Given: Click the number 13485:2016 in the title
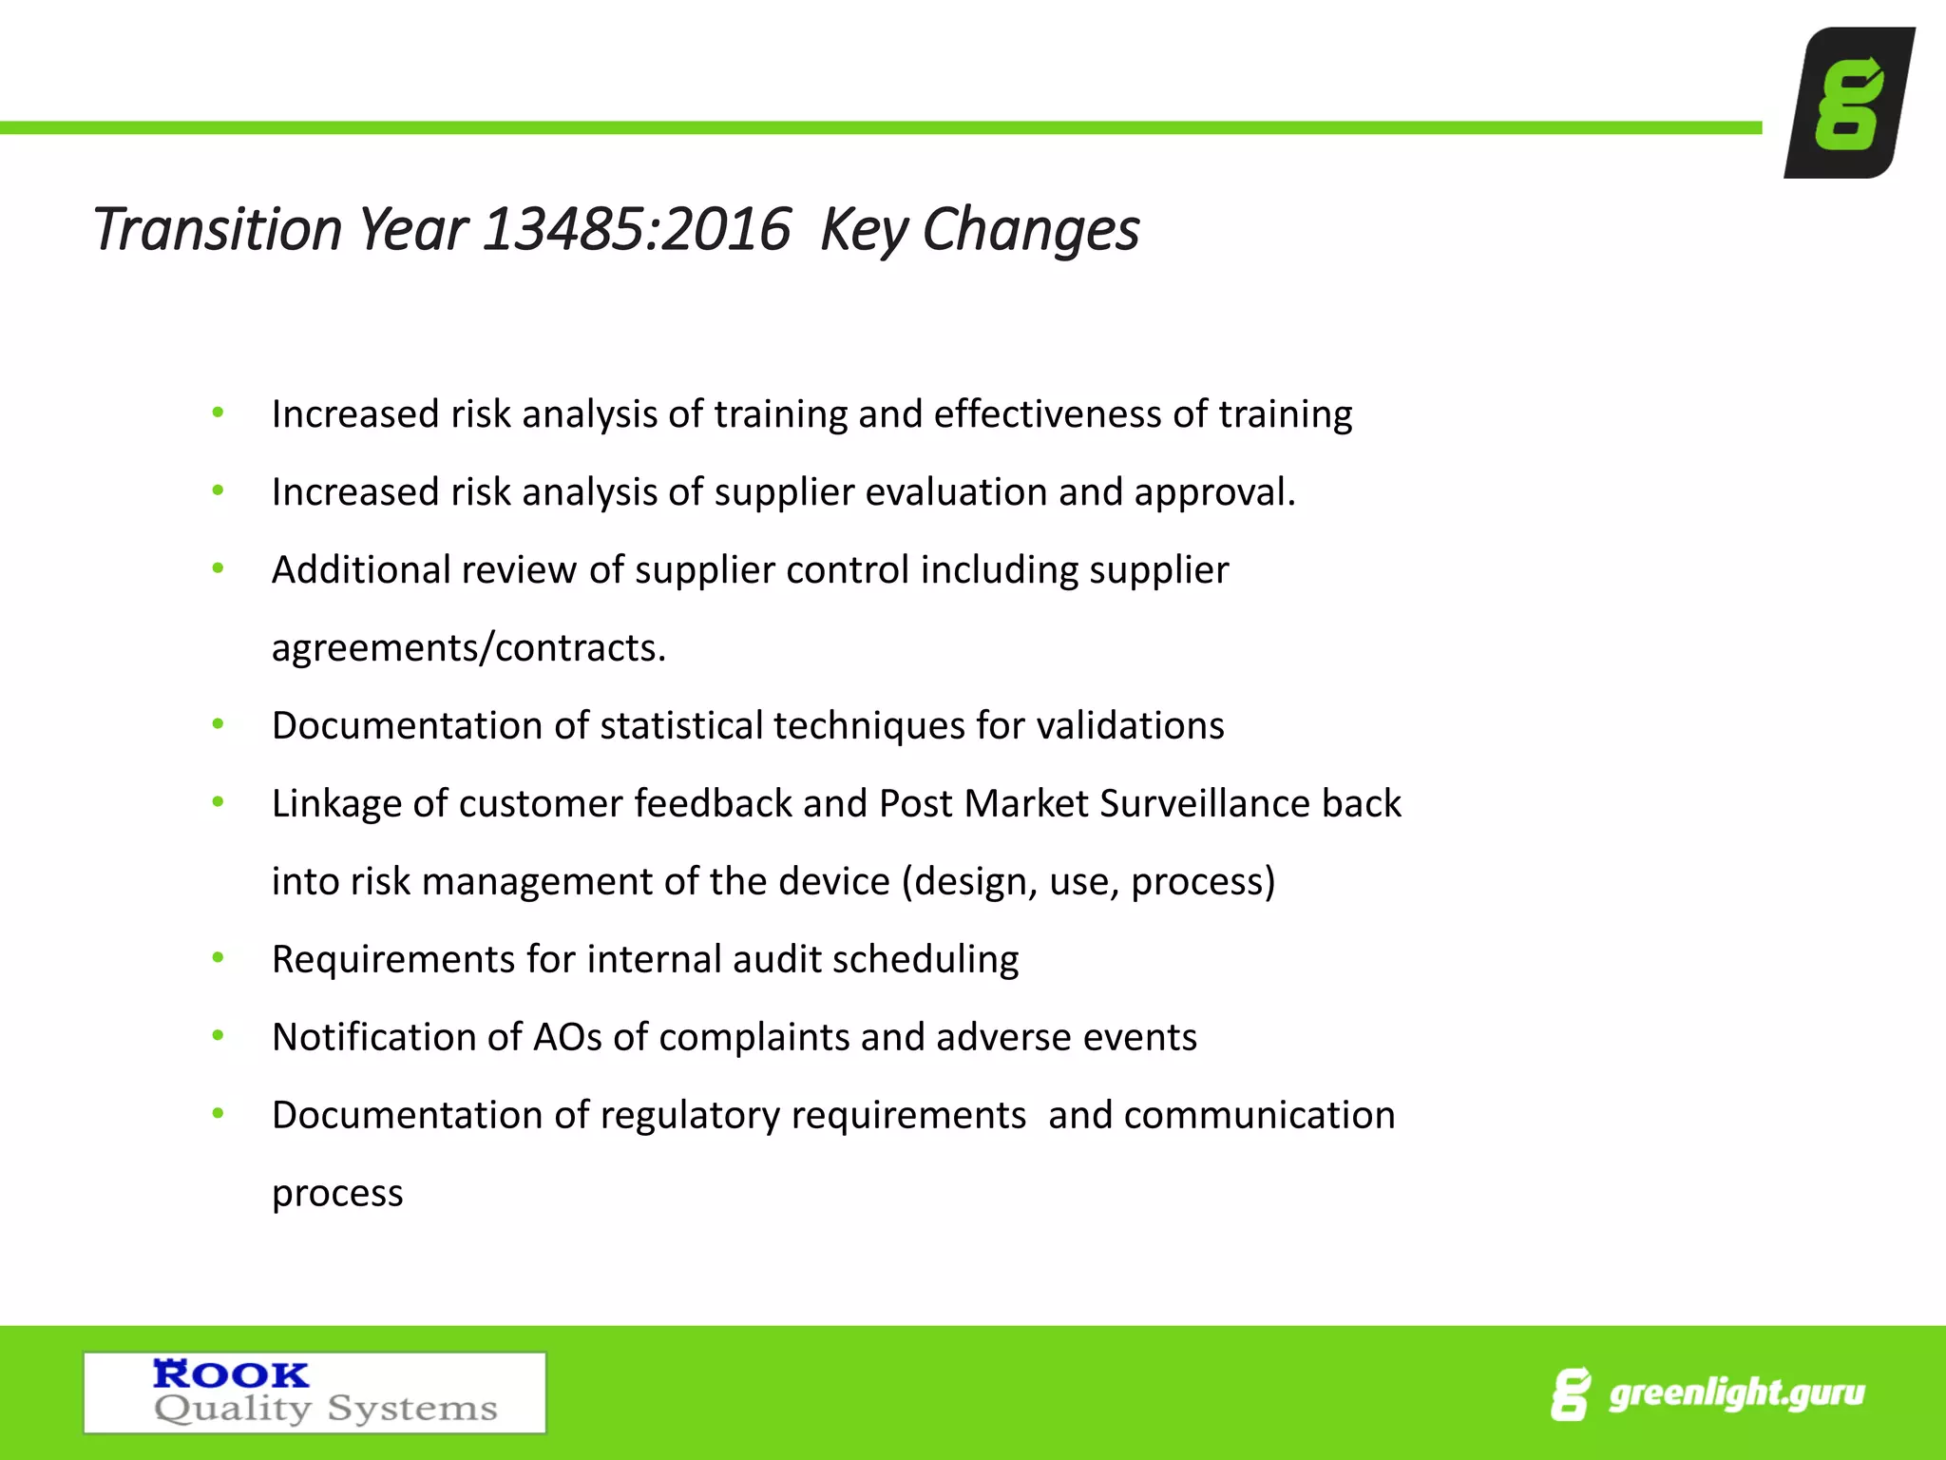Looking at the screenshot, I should (637, 230).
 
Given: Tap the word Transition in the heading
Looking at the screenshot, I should (217, 230).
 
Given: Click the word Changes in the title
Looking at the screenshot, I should (1030, 230).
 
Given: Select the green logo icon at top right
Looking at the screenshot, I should (1848, 103).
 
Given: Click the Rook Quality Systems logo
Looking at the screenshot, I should (315, 1392).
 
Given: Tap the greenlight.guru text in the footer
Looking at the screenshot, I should (1736, 1393).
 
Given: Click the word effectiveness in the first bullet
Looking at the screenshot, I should (1047, 414).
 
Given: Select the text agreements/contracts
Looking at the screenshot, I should (468, 648).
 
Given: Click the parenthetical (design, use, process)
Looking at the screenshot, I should (1088, 882).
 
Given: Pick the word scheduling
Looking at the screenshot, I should (925, 960).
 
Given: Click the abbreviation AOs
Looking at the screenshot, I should (567, 1038).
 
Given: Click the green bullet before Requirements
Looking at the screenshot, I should (219, 958).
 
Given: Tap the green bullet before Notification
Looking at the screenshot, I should (219, 1036).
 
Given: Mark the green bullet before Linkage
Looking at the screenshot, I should (219, 802).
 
